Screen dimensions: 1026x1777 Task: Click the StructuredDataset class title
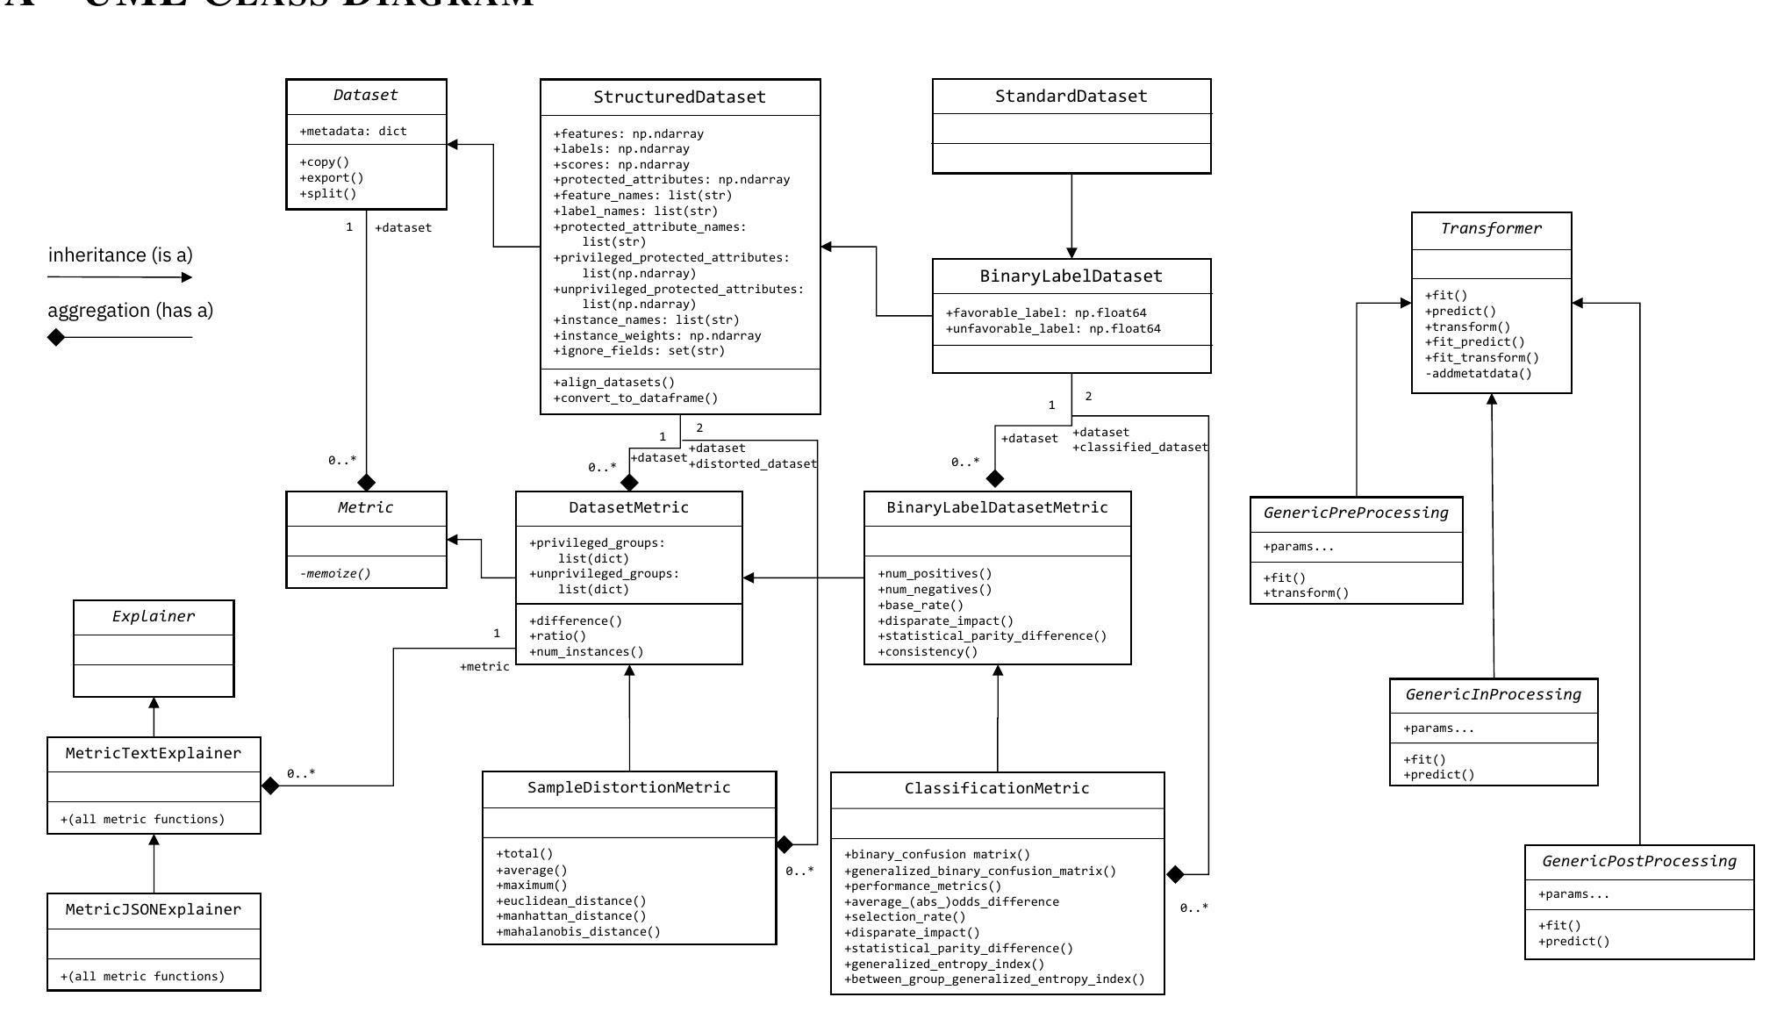(679, 97)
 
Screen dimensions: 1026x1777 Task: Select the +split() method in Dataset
(328, 194)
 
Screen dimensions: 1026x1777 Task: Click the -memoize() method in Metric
(335, 574)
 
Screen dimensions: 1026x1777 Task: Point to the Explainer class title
(154, 617)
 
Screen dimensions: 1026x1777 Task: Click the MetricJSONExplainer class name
(154, 910)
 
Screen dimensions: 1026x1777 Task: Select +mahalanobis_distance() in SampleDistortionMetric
(578, 932)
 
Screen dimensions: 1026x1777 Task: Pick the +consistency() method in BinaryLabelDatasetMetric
(928, 652)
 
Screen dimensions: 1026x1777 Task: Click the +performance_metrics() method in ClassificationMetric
(922, 886)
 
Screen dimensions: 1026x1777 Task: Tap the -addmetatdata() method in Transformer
(1478, 374)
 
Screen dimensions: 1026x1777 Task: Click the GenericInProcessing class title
(1493, 695)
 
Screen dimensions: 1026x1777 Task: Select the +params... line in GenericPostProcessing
(1573, 895)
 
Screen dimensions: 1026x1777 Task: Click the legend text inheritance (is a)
(120, 255)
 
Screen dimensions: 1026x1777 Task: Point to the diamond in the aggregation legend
(56, 337)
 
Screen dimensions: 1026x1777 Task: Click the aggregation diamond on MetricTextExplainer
(270, 786)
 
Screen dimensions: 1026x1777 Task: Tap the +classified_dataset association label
(1140, 448)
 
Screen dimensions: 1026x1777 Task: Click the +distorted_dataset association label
(753, 464)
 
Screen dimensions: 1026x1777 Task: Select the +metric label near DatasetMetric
(484, 667)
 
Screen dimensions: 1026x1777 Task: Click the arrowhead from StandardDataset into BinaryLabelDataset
(1071, 253)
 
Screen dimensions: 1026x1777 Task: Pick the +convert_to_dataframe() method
(635, 398)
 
